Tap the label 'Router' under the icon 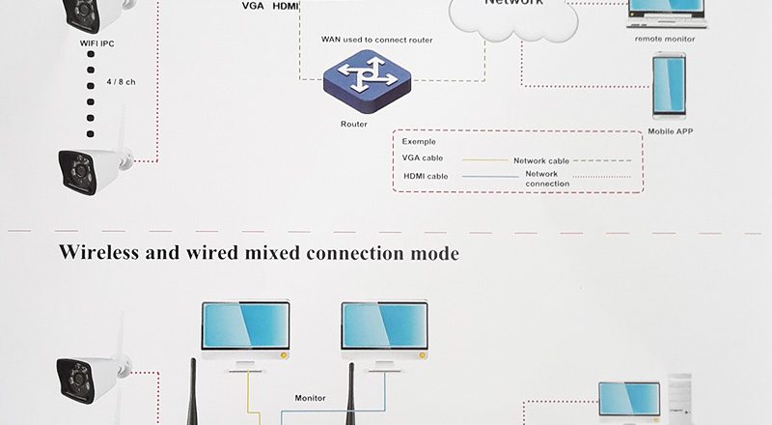point(354,124)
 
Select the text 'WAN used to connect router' point(376,40)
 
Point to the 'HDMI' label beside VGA point(286,6)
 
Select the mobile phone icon point(669,85)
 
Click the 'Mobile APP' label point(671,130)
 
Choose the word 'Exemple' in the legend point(419,141)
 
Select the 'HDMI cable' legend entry point(427,177)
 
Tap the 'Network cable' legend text point(541,160)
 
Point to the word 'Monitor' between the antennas point(311,397)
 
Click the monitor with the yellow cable point(245,333)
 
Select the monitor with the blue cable point(384,333)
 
